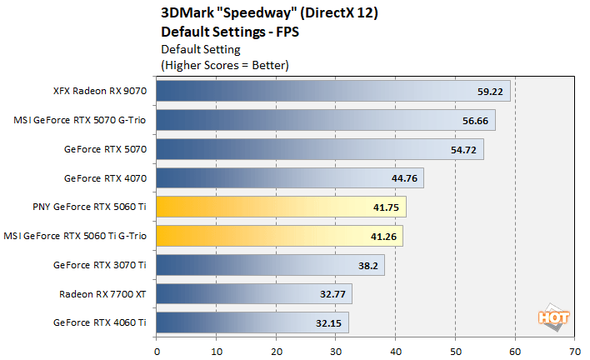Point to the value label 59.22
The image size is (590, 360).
pos(489,91)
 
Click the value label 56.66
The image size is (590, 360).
pos(474,120)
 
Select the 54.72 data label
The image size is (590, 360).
pos(462,149)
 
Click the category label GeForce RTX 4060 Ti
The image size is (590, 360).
pos(99,322)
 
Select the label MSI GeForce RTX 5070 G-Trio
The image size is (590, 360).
pos(80,120)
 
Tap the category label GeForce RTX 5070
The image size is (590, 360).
pos(105,149)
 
